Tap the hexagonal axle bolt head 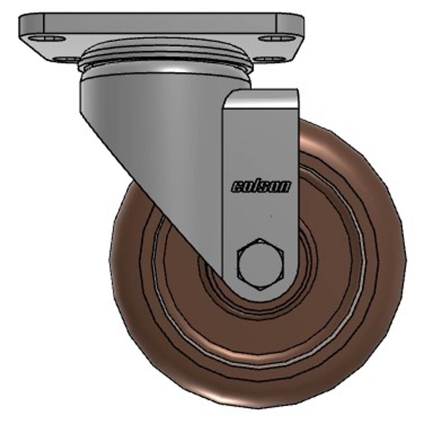(261, 264)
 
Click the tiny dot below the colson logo (271, 217)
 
